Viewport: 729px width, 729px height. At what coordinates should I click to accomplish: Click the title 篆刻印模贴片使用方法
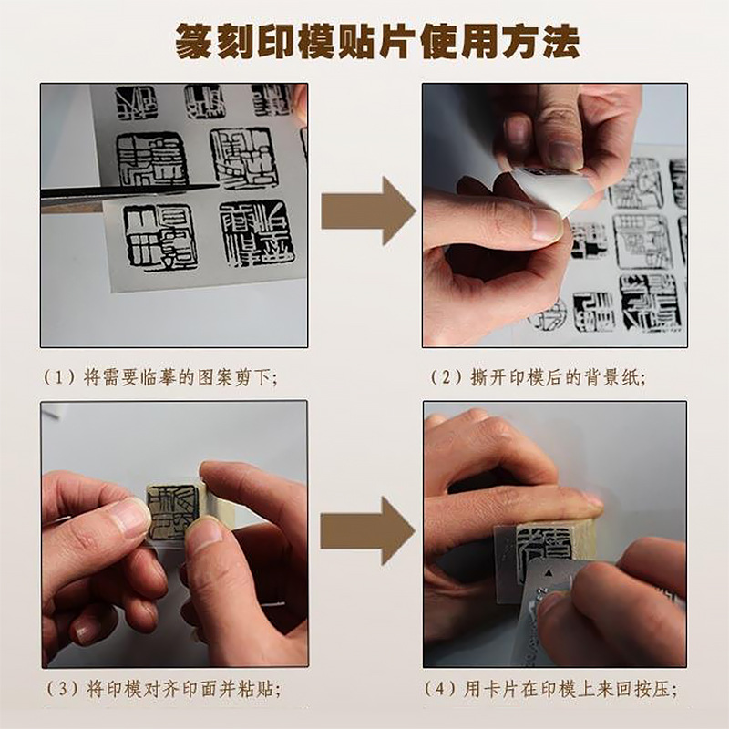tap(364, 40)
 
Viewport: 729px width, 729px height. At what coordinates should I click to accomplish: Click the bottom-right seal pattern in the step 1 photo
tap(252, 232)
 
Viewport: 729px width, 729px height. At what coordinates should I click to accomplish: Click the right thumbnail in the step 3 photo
tap(204, 534)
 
